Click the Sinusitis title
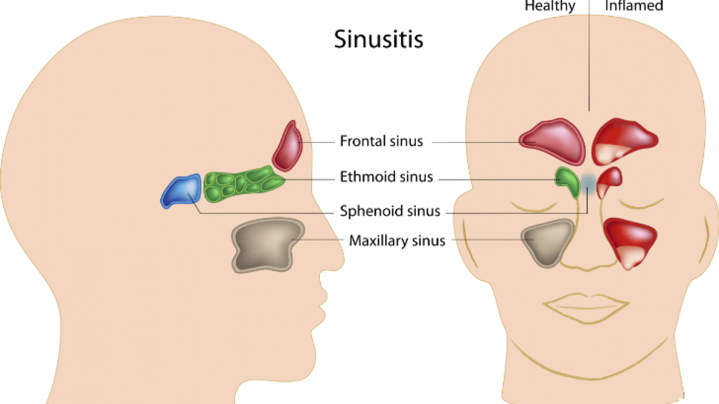(x=379, y=39)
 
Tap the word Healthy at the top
(x=550, y=6)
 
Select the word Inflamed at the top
(x=634, y=5)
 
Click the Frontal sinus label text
(x=381, y=141)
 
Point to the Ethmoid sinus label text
(x=386, y=177)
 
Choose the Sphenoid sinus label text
(x=390, y=211)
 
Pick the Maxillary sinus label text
(x=397, y=241)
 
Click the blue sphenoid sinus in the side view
(x=182, y=191)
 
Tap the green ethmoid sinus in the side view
(x=243, y=184)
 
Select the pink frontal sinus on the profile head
(x=288, y=147)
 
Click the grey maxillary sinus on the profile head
(x=267, y=245)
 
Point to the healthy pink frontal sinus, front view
(x=552, y=141)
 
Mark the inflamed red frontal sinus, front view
(x=624, y=141)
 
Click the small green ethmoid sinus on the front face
(x=568, y=182)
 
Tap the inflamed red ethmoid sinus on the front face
(x=609, y=182)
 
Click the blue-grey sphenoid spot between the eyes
(x=588, y=183)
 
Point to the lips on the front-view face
(x=586, y=308)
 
